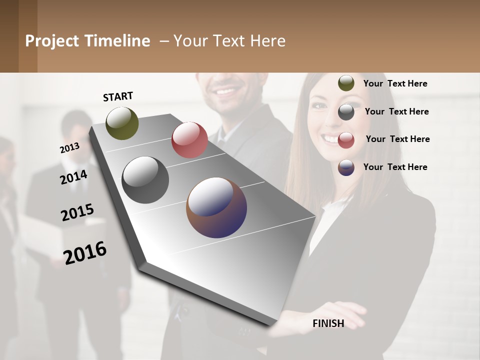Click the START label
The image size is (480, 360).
click(118, 96)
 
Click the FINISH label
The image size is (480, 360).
click(328, 323)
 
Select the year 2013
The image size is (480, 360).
click(69, 147)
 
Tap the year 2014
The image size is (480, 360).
click(73, 177)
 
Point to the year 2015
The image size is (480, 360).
click(77, 212)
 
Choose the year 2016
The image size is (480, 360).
click(85, 252)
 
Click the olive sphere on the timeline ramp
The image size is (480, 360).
click(122, 123)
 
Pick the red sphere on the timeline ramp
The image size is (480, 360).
click(189, 139)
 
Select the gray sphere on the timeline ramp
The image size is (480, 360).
click(145, 180)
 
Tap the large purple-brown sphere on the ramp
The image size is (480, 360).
click(216, 207)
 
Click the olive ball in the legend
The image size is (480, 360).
click(346, 83)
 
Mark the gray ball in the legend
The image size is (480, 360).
click(346, 112)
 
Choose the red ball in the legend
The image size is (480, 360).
click(346, 140)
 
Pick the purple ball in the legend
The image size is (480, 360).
click(346, 167)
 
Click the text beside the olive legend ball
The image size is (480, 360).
click(395, 83)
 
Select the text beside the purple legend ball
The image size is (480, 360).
click(395, 167)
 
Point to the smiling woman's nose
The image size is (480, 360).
click(329, 123)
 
